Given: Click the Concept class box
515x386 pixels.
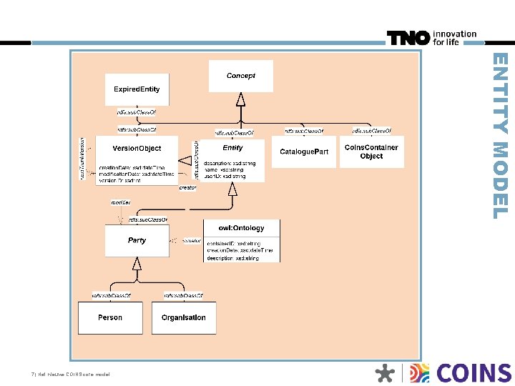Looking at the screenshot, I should (240, 76).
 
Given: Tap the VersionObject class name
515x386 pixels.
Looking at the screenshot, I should (137, 149).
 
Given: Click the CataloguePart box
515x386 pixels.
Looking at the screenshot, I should (304, 152).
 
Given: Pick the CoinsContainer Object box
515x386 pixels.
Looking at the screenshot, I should (371, 152).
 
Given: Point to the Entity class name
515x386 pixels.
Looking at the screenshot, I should (232, 148).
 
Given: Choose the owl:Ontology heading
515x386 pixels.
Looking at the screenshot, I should (242, 228).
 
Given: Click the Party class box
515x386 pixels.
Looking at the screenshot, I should (137, 241).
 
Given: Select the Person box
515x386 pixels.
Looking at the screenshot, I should (110, 317).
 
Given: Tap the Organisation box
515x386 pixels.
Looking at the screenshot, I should (184, 317).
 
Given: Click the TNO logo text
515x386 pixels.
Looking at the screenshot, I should (408, 38).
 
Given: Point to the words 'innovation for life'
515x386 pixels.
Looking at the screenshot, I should (454, 38).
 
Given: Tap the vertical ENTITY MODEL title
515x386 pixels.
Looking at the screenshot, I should (502, 136).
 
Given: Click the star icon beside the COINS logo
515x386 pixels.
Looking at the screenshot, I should (385, 374).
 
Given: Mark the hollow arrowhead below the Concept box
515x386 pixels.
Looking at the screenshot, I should (240, 99).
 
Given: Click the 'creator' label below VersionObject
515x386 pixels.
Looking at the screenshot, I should (187, 188).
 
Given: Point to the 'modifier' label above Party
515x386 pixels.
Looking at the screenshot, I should (120, 203).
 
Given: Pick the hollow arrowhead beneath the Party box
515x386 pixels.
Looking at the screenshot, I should (137, 263).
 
